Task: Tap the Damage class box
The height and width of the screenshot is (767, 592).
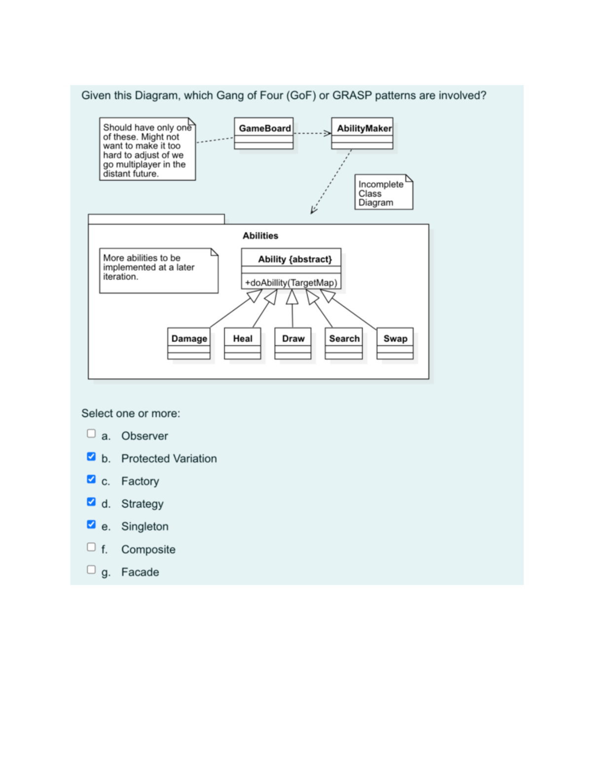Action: [x=189, y=343]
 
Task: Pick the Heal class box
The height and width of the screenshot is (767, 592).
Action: [x=243, y=343]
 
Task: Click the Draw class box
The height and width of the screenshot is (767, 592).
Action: [x=293, y=343]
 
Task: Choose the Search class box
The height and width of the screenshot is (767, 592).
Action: [x=344, y=343]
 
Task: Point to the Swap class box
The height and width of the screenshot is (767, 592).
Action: [x=395, y=343]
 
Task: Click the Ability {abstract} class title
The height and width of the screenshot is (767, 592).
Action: [x=295, y=259]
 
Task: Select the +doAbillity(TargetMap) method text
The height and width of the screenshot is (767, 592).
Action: [x=291, y=283]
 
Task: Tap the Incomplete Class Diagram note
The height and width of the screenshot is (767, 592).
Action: [x=383, y=193]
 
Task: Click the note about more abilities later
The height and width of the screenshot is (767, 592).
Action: [x=158, y=270]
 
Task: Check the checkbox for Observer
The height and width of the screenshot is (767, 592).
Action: [x=91, y=434]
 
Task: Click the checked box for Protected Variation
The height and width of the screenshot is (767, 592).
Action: [x=91, y=456]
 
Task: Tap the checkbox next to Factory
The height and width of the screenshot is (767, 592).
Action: [x=91, y=479]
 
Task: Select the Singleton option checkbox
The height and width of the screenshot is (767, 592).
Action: [x=91, y=525]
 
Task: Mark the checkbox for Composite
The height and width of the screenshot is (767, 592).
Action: [x=91, y=547]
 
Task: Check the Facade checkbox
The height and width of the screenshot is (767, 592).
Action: [x=91, y=570]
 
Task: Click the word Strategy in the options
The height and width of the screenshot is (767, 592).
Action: [x=142, y=504]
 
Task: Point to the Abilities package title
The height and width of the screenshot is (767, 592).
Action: [x=260, y=236]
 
